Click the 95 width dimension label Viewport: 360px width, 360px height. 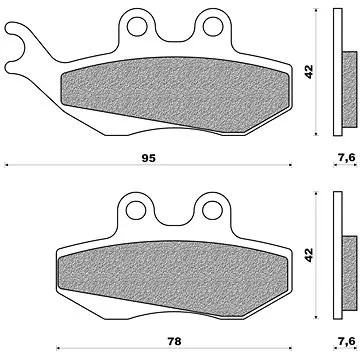click(148, 158)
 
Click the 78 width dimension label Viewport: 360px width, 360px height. click(174, 341)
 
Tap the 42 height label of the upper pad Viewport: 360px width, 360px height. click(309, 72)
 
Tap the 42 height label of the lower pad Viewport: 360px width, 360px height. click(309, 255)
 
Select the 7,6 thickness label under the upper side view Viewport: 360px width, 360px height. click(346, 158)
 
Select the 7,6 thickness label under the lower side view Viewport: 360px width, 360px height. click(346, 341)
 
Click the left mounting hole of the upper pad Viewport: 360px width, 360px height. click(137, 27)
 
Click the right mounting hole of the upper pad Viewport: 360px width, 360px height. click(213, 27)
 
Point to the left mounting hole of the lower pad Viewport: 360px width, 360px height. click(136, 210)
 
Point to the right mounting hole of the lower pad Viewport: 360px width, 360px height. click(212, 210)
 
